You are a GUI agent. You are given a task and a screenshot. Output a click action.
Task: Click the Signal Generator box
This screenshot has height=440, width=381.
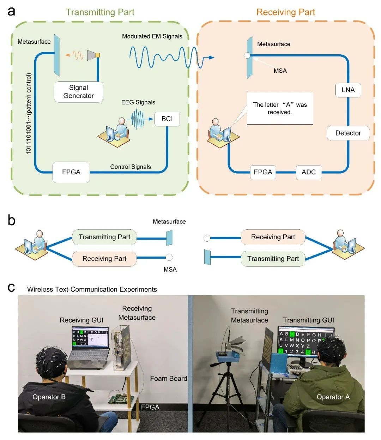click(x=78, y=92)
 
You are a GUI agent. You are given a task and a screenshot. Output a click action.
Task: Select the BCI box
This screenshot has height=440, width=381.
click(x=167, y=119)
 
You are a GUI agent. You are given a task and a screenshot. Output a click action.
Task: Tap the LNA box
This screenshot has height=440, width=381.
click(x=348, y=90)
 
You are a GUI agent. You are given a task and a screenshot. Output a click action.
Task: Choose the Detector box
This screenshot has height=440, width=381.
click(x=348, y=133)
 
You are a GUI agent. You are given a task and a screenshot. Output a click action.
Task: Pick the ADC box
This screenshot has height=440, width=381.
click(x=308, y=172)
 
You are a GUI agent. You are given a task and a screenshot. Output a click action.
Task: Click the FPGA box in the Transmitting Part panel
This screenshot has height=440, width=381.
click(x=71, y=172)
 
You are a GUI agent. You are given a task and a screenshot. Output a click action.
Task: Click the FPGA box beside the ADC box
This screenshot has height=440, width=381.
click(x=263, y=172)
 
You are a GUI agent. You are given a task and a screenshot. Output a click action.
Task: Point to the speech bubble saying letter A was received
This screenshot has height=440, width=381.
click(x=280, y=108)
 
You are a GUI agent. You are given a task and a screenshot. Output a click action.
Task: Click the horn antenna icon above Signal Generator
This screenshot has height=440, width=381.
click(x=93, y=55)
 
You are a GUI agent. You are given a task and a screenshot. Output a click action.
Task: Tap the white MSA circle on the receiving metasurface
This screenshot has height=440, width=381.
click(x=247, y=55)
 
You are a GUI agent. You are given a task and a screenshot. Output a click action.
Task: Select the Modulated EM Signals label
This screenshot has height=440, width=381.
click(x=152, y=36)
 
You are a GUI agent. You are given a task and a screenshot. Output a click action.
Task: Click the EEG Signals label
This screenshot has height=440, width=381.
click(x=138, y=102)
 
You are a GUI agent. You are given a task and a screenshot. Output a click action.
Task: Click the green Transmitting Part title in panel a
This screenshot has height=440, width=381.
click(x=100, y=12)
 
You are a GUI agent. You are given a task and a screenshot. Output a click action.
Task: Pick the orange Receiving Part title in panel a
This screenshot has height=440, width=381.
click(x=285, y=12)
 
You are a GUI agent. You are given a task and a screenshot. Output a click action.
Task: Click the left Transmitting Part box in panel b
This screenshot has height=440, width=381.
click(x=104, y=237)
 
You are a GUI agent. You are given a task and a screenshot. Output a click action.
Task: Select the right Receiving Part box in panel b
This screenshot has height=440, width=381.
click(x=273, y=237)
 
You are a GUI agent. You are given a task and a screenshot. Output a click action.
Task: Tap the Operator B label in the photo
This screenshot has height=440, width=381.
click(x=49, y=397)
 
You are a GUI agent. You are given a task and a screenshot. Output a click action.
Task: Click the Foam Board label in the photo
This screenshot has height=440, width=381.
click(x=168, y=379)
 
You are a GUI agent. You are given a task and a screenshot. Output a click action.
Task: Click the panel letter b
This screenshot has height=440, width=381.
click(x=12, y=221)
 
